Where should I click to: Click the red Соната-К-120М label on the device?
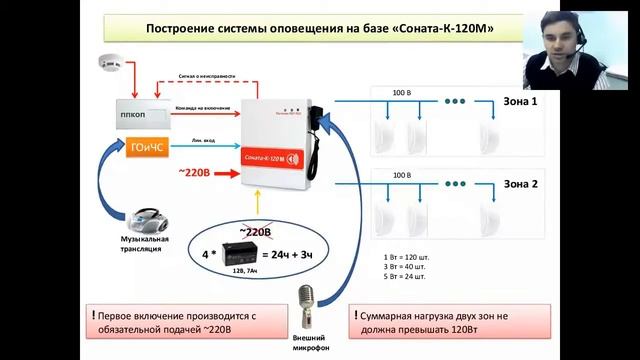click(271, 157)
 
